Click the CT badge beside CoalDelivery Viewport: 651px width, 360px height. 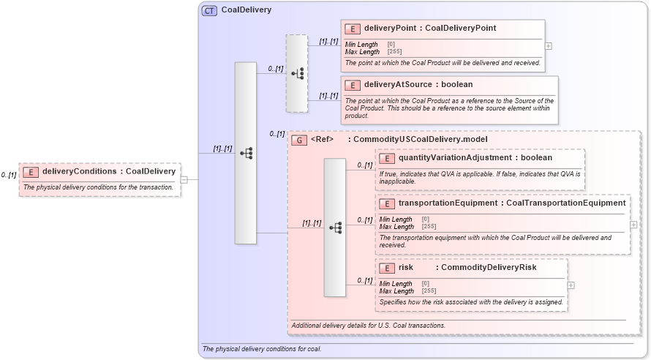click(209, 10)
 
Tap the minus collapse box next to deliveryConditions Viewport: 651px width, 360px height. click(184, 179)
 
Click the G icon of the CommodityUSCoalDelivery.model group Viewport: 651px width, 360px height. click(299, 139)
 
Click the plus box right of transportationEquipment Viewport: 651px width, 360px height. click(633, 225)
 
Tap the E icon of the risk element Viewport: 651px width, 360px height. click(387, 268)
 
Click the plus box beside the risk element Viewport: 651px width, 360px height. click(571, 285)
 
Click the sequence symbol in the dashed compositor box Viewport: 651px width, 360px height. click(297, 73)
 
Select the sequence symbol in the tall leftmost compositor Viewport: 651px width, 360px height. click(246, 153)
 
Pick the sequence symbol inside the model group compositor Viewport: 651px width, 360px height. click(335, 228)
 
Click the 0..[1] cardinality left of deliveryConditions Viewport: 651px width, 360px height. click(9, 175)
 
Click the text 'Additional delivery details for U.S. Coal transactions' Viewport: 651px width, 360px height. click(368, 325)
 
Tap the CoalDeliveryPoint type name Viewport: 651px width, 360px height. click(461, 29)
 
